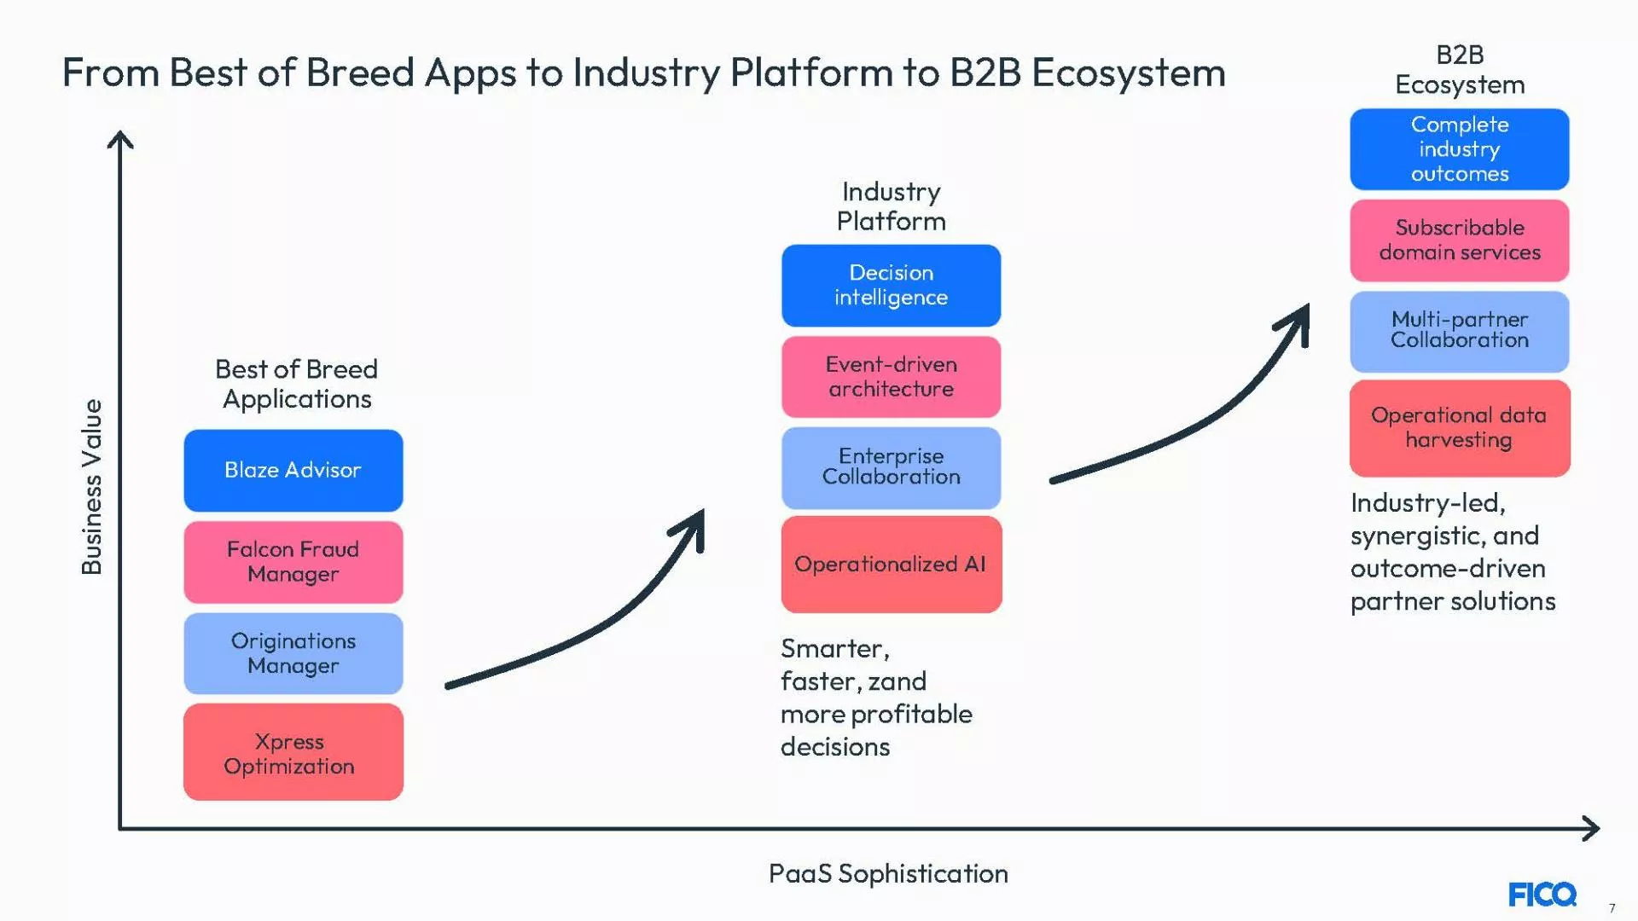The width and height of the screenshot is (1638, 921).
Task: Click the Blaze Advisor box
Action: tap(293, 470)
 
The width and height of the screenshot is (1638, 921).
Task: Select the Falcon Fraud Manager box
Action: tap(293, 562)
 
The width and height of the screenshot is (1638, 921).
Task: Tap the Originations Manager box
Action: tap(293, 653)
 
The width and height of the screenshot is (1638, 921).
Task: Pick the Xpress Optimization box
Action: tap(293, 752)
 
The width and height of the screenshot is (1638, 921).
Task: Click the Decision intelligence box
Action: tap(891, 286)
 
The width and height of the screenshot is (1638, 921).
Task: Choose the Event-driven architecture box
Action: tap(891, 377)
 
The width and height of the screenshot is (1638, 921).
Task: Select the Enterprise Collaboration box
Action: tap(891, 467)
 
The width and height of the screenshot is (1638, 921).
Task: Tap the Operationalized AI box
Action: tap(891, 565)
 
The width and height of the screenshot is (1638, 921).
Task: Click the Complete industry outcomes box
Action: tap(1459, 149)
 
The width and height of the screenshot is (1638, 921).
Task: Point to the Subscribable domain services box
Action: tap(1459, 240)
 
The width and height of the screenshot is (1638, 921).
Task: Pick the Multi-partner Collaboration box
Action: tap(1459, 331)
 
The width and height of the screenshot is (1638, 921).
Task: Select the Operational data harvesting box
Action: tap(1459, 428)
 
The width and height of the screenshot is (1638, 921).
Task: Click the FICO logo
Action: tap(1542, 895)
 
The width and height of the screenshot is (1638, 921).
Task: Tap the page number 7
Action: tap(1612, 908)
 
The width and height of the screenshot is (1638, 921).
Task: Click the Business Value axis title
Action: tap(91, 486)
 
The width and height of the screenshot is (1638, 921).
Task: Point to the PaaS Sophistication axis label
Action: tap(887, 873)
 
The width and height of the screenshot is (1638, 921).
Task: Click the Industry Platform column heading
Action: tap(891, 206)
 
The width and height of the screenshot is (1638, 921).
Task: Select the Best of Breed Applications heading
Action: tap(296, 384)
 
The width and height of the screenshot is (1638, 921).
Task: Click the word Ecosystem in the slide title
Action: tap(1128, 73)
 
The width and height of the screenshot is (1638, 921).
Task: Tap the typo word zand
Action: tap(897, 681)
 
